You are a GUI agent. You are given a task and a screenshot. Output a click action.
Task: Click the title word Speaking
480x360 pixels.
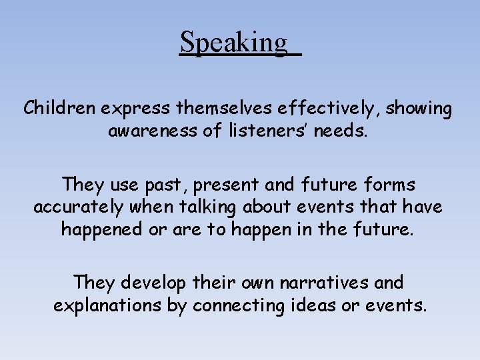234,43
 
